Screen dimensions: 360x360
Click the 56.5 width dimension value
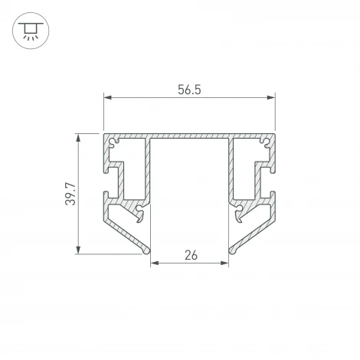189,89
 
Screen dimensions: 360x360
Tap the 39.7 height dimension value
70,195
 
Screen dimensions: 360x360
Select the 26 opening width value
191,256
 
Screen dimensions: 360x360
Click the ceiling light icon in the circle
29,31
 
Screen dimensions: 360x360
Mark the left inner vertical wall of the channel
151,191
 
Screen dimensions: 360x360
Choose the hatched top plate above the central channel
189,137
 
